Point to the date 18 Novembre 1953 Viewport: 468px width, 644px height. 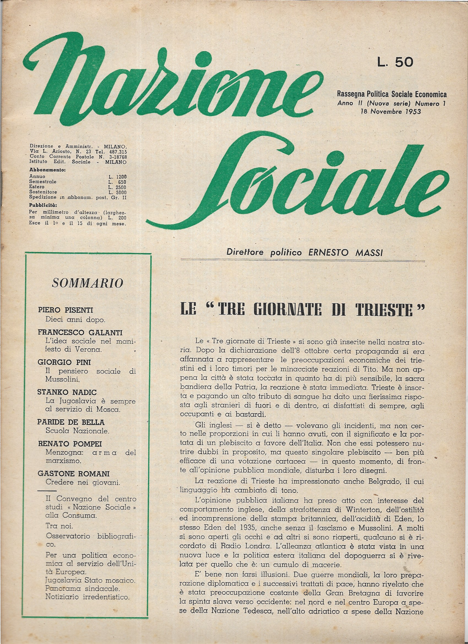tap(390, 112)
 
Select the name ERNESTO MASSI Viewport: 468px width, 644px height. tap(346, 252)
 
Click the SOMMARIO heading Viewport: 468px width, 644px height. tap(88, 283)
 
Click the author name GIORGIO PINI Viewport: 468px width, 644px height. tap(64, 362)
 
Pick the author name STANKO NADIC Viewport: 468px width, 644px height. tap(67, 392)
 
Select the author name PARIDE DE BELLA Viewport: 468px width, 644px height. tap(71, 422)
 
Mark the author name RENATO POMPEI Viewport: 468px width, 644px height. tap(70, 443)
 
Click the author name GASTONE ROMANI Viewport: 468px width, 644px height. tap(74, 473)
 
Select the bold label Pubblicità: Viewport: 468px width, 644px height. tap(43, 205)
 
